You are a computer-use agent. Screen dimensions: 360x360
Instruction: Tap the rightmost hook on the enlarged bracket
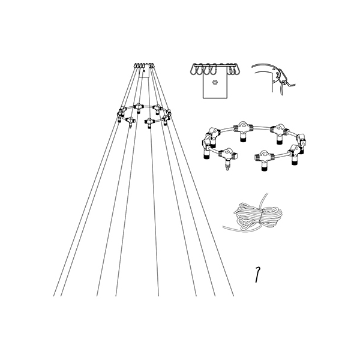coord(235,70)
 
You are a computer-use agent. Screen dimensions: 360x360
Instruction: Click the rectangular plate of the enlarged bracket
coord(215,87)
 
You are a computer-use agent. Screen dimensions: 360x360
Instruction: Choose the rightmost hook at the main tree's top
coord(154,65)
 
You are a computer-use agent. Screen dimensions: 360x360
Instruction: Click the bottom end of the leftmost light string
coord(55,296)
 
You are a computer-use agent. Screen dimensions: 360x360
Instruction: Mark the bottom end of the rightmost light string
coord(234,296)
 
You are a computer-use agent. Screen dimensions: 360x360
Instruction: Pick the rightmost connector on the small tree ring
coord(168,114)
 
